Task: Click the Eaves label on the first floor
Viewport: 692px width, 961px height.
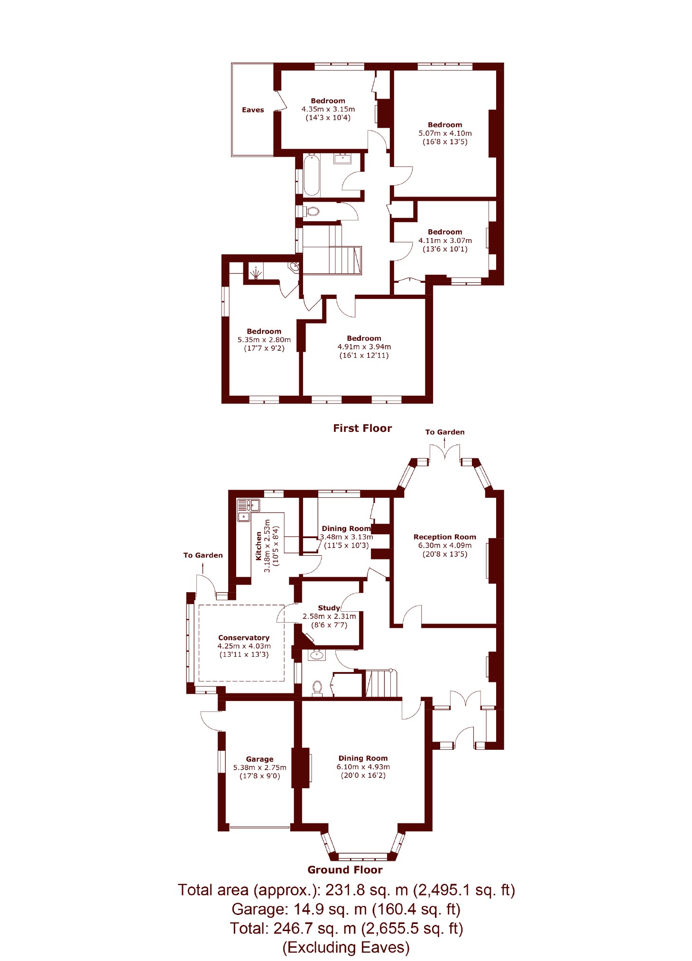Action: click(x=253, y=110)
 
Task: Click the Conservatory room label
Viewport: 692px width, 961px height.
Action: click(x=244, y=638)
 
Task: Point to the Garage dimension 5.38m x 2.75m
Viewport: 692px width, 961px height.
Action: click(x=260, y=767)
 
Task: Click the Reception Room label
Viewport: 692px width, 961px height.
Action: click(x=445, y=537)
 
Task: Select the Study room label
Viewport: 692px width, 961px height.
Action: click(x=329, y=608)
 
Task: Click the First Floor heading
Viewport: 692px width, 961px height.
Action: click(x=362, y=429)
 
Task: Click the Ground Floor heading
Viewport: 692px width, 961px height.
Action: click(x=345, y=870)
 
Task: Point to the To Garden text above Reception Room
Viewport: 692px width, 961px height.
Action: click(x=445, y=432)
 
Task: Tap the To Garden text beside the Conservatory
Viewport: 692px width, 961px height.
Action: click(x=203, y=555)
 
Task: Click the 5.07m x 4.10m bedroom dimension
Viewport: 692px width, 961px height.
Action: click(x=445, y=133)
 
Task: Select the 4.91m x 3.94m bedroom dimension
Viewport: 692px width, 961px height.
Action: click(x=364, y=347)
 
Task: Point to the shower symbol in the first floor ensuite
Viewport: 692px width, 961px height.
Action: click(x=256, y=273)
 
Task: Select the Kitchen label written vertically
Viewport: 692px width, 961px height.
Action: click(x=258, y=546)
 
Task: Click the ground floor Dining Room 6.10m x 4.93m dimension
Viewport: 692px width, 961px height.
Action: click(x=363, y=767)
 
